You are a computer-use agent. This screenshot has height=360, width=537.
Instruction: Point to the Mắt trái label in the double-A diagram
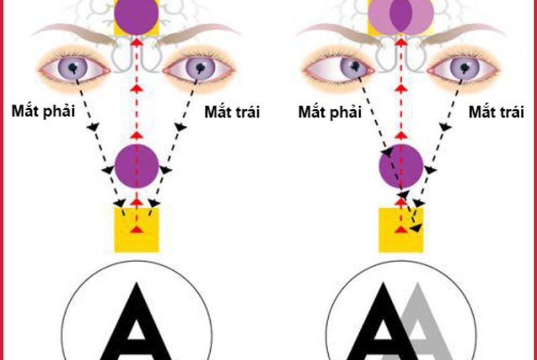pos(495,112)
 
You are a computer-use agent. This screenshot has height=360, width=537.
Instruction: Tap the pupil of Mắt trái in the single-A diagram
pos(199,67)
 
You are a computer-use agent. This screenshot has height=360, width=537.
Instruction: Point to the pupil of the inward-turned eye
pos(354,66)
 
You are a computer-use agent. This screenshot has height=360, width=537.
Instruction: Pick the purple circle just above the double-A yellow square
pos(401,165)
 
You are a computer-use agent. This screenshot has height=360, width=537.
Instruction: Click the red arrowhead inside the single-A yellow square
pos(137,230)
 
